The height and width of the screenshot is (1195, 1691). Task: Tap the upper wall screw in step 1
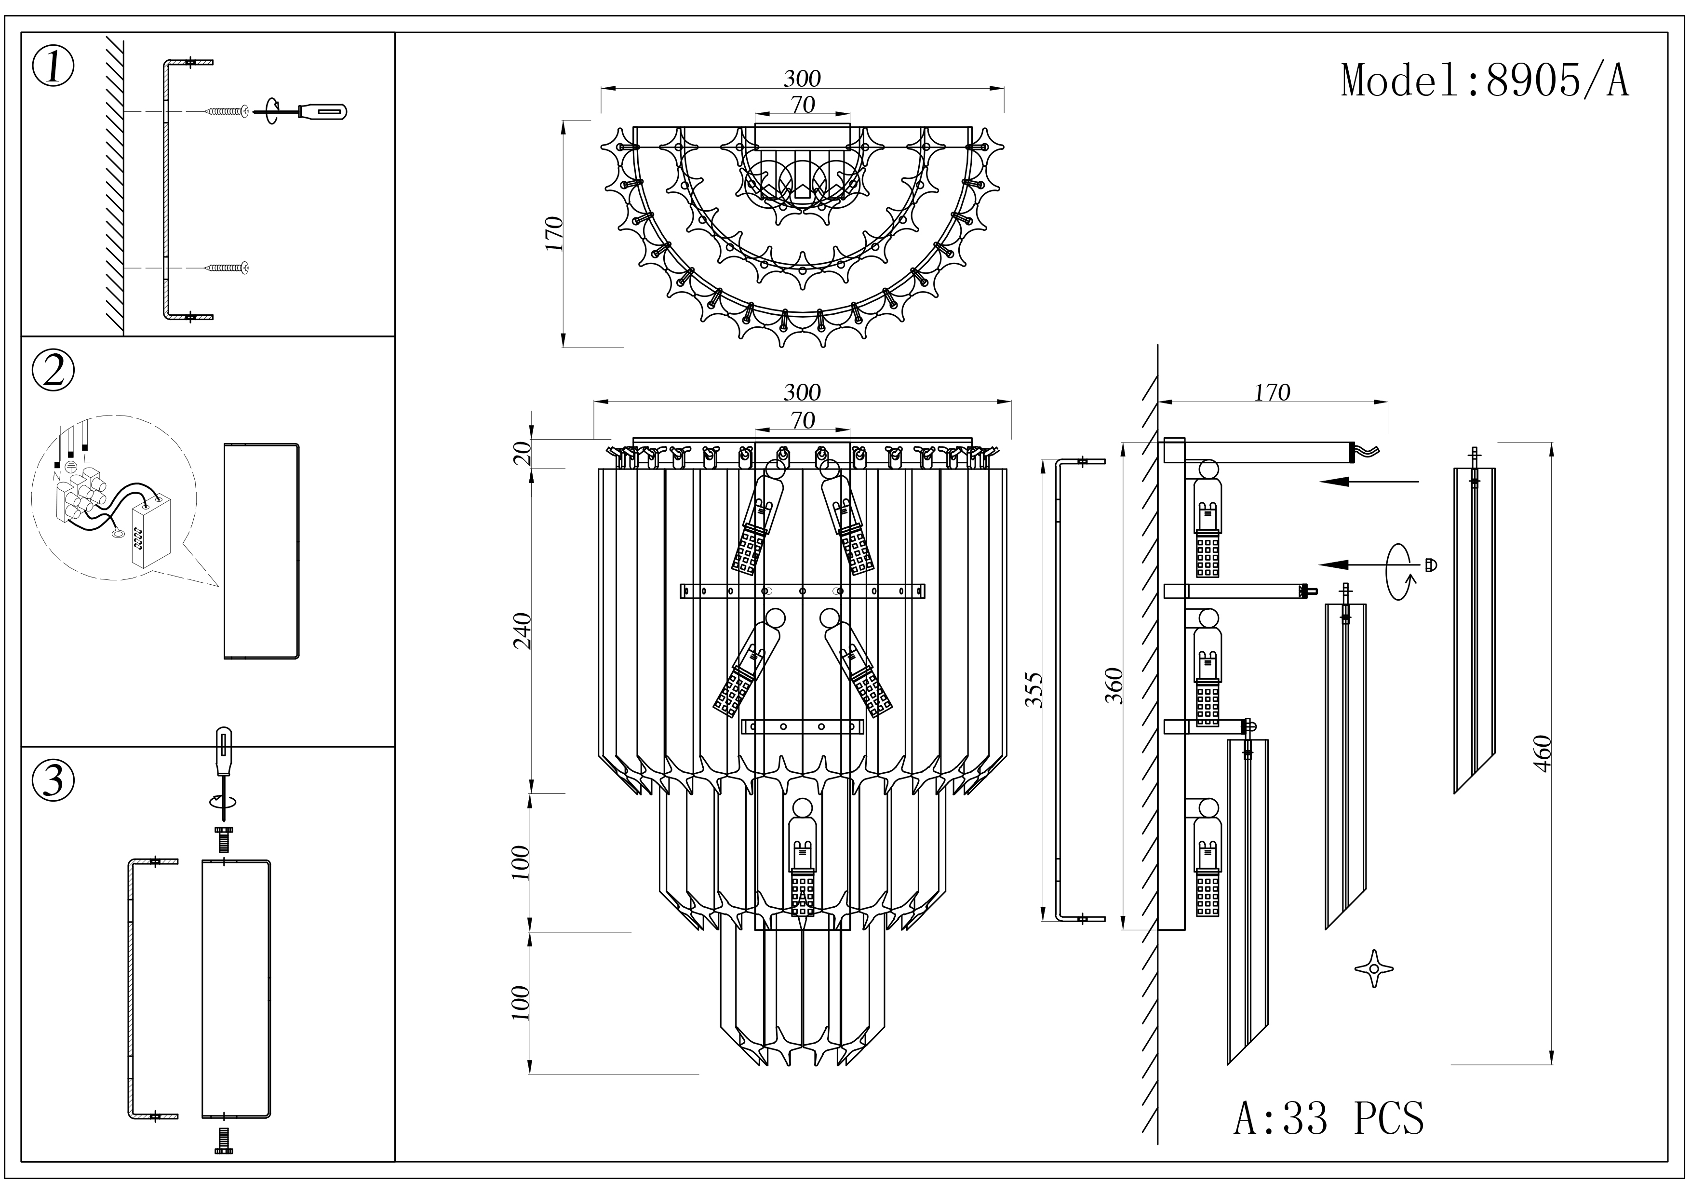[x=228, y=111]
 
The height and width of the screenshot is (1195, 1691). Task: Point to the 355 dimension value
[x=1035, y=689]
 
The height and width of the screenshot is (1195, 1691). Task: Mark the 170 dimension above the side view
[x=1272, y=392]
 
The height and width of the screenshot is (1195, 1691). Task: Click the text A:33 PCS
[x=1329, y=1119]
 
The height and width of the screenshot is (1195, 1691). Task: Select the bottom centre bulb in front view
[x=802, y=858]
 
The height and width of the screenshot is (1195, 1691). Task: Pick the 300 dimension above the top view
[x=802, y=78]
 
